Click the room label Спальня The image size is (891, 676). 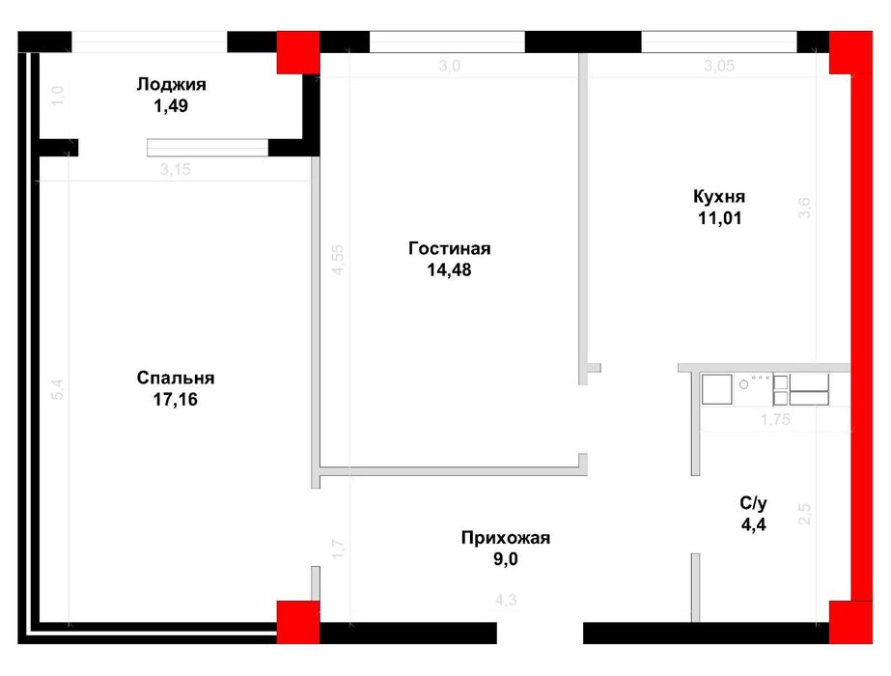(x=176, y=379)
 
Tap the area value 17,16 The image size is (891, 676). (x=176, y=400)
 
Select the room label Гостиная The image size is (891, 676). (x=450, y=248)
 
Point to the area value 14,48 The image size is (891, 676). (x=450, y=270)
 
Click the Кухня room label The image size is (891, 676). (x=719, y=197)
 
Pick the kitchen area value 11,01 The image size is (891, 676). (x=719, y=218)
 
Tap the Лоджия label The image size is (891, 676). (x=171, y=85)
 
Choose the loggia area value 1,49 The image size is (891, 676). (x=171, y=106)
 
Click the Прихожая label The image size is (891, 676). (x=506, y=538)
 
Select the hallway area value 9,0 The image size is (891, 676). (x=506, y=559)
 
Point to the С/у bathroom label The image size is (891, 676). (x=754, y=503)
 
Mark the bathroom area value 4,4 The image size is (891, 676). (x=754, y=524)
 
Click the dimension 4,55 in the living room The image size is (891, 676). (x=338, y=260)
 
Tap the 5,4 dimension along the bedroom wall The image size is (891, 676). (x=58, y=389)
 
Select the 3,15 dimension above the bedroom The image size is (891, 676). (x=176, y=169)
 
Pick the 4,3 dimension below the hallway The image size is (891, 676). (x=506, y=600)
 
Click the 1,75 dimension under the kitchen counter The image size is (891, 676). (x=776, y=419)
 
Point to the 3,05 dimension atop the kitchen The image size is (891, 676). (x=719, y=66)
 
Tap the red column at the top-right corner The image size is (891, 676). (x=850, y=52)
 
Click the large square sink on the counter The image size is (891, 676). (x=716, y=389)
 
